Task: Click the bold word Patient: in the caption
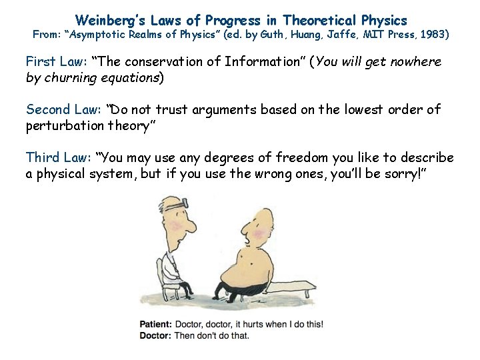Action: click(156, 325)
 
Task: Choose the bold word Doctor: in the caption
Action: click(156, 335)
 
